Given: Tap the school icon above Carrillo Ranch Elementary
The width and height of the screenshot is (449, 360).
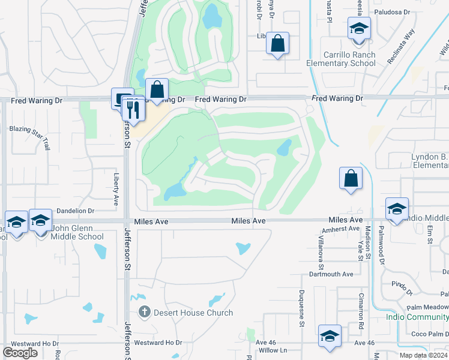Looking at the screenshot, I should [x=359, y=29].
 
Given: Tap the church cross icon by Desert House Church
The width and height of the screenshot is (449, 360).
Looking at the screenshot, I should [x=144, y=312].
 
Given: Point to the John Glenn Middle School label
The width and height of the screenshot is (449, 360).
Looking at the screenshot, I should [x=69, y=232].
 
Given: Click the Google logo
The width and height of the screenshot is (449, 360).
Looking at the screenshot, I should [x=20, y=353].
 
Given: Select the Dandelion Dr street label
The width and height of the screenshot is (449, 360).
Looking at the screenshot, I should [x=76, y=211].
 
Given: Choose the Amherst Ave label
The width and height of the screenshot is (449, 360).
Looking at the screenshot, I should [x=340, y=229].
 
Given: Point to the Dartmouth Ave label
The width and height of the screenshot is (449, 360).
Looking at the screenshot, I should [x=331, y=274].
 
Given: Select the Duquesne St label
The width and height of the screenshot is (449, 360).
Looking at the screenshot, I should [x=303, y=305].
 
